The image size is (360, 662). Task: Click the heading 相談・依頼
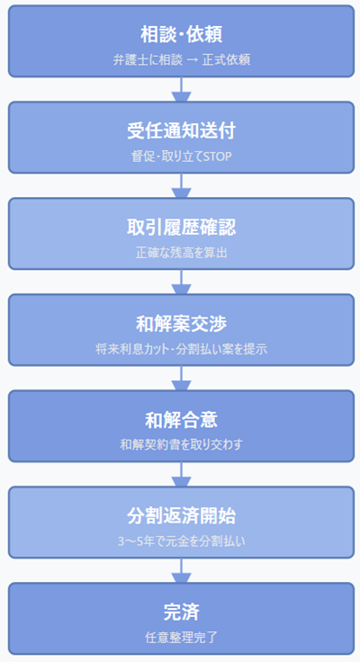coord(181,34)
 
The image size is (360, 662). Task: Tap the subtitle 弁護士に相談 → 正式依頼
coord(181,60)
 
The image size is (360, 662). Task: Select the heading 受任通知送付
coord(181,130)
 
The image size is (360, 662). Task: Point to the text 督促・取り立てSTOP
coord(181,156)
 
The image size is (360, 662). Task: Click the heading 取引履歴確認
coord(181,227)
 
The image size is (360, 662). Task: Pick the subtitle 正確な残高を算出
coord(181,252)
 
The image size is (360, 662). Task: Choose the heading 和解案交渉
coord(181,323)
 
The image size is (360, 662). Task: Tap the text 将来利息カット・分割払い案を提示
coord(181,348)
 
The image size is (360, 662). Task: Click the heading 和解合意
coord(181,419)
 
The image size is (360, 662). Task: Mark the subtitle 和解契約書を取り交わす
coord(181,444)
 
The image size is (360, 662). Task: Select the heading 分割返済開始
coord(181,515)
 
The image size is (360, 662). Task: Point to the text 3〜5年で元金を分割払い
coord(181,541)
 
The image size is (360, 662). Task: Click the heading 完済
coord(181,612)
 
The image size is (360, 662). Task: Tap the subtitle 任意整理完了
coord(181,637)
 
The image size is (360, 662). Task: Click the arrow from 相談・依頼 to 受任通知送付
coord(181,89)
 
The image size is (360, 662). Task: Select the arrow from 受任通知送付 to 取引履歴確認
coord(181,185)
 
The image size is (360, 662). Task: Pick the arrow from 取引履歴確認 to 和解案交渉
coord(181,282)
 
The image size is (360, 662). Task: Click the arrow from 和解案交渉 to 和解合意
coord(181,378)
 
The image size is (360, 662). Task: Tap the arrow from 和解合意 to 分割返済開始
coord(181,474)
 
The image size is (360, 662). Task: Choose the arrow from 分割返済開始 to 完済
coord(181,570)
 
